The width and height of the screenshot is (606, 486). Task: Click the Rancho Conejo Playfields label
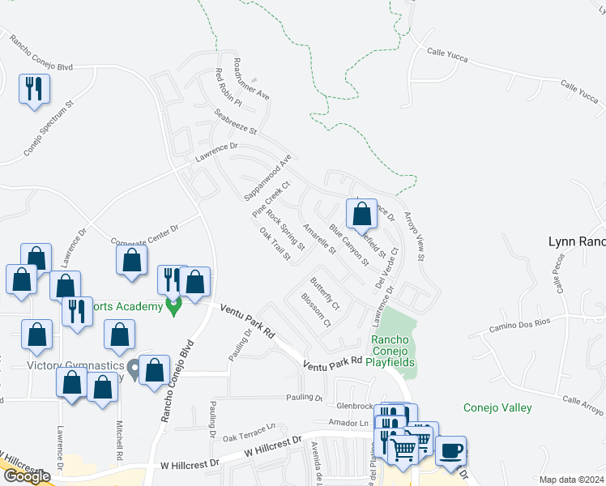[x=393, y=351]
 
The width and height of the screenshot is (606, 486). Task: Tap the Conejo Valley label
[x=497, y=407]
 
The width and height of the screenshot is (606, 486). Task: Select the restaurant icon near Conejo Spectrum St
[x=34, y=89]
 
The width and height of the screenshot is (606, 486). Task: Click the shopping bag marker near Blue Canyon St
[x=361, y=214]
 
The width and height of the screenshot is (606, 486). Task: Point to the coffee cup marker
[x=450, y=450]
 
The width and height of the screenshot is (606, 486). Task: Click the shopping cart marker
[x=403, y=446]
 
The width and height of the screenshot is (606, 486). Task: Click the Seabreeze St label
[x=235, y=122]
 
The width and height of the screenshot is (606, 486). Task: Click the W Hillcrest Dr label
[x=190, y=465]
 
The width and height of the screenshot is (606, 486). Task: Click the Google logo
[x=27, y=476]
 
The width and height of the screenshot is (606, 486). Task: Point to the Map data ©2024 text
[x=570, y=480]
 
